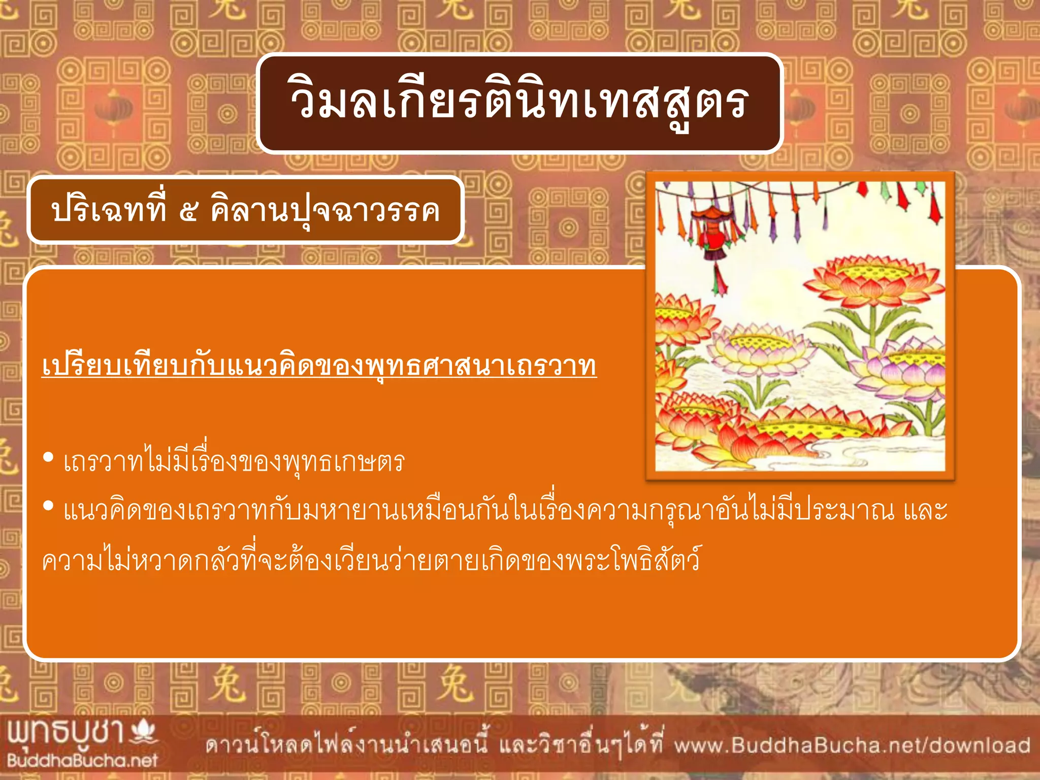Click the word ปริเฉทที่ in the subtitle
(109, 209)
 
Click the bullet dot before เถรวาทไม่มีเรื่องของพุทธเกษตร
(49, 458)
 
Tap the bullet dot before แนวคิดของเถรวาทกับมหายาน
(49, 506)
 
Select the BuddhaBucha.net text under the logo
(82, 760)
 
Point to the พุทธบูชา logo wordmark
(66, 733)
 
